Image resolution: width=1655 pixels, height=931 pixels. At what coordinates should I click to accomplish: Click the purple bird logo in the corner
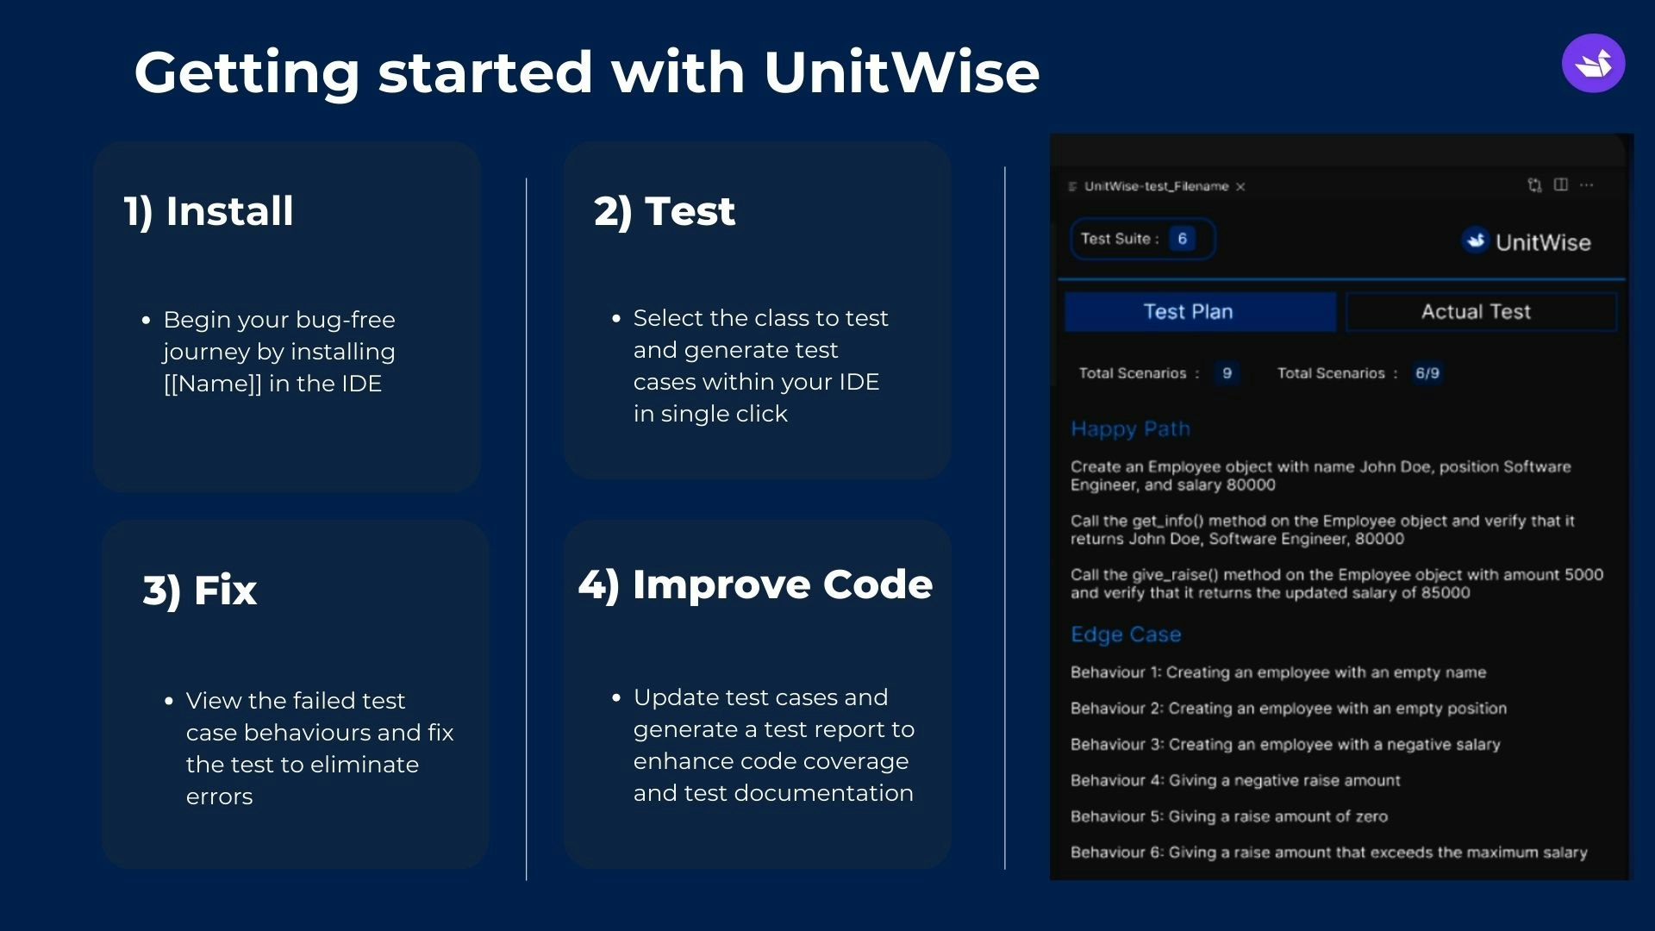click(1593, 63)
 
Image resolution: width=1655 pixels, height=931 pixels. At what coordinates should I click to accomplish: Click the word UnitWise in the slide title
click(902, 72)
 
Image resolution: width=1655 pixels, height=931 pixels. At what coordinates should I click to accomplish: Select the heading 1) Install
click(209, 211)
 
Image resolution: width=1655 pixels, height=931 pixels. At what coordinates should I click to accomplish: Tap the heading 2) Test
click(665, 211)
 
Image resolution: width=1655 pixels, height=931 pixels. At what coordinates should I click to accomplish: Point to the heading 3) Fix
click(200, 590)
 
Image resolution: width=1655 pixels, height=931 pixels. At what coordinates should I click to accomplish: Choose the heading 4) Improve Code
click(755, 584)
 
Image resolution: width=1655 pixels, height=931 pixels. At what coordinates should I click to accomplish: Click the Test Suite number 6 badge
click(1183, 239)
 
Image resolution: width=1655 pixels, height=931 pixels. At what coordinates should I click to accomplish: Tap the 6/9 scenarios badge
click(1427, 373)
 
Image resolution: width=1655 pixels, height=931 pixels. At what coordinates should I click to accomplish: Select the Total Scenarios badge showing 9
click(1227, 373)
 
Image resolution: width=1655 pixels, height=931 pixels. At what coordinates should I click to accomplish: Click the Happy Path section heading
click(1130, 429)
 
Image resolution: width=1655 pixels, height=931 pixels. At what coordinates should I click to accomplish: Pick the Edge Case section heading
click(1126, 634)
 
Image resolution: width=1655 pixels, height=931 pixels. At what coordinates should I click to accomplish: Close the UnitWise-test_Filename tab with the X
click(1240, 186)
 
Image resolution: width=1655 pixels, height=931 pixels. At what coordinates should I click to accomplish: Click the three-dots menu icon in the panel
click(1587, 184)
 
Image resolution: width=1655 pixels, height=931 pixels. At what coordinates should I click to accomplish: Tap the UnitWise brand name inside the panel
click(1543, 242)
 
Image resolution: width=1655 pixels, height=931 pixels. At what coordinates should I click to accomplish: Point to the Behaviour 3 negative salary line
click(1285, 744)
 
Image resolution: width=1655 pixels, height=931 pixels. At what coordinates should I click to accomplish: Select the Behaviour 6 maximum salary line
click(1329, 852)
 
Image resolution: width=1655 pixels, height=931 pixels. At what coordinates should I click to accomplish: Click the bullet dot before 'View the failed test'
click(169, 701)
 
